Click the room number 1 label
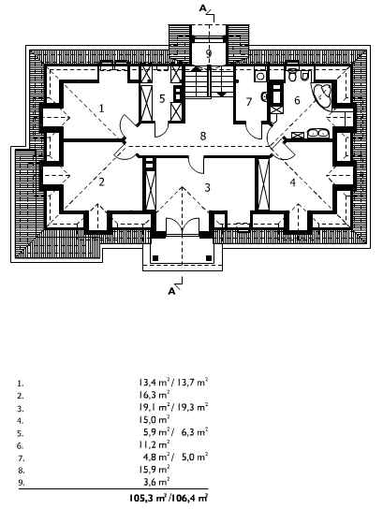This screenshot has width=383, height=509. [102, 109]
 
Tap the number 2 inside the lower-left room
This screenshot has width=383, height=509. [102, 182]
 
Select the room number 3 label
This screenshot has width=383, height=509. [207, 188]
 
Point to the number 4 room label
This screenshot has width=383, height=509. [293, 182]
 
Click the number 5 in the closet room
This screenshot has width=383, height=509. [162, 98]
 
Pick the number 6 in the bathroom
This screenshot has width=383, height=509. [297, 100]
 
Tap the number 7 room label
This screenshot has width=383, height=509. [249, 102]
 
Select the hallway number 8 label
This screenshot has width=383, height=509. [203, 136]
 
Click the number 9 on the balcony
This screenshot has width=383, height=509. [209, 53]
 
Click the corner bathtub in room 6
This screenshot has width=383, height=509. [322, 94]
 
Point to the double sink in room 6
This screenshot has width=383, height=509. [318, 134]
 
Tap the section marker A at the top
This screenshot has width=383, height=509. [202, 8]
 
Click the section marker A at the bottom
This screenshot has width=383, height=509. [172, 291]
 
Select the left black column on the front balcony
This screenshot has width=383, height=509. [155, 258]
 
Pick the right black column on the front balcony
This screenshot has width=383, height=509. [209, 258]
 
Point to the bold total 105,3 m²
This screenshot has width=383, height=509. [148, 498]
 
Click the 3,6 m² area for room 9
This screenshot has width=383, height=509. [157, 482]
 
